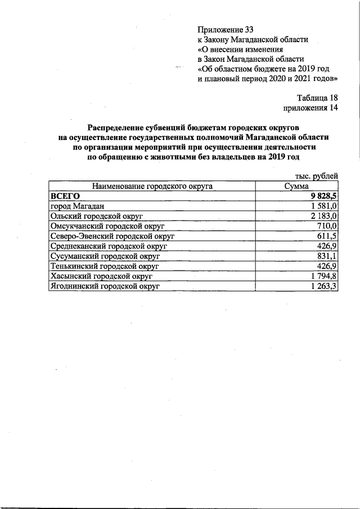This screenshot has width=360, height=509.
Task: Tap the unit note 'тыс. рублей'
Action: point(317,176)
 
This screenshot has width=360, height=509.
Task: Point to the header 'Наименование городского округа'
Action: point(152,186)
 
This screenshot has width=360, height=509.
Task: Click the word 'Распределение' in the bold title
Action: point(120,127)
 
